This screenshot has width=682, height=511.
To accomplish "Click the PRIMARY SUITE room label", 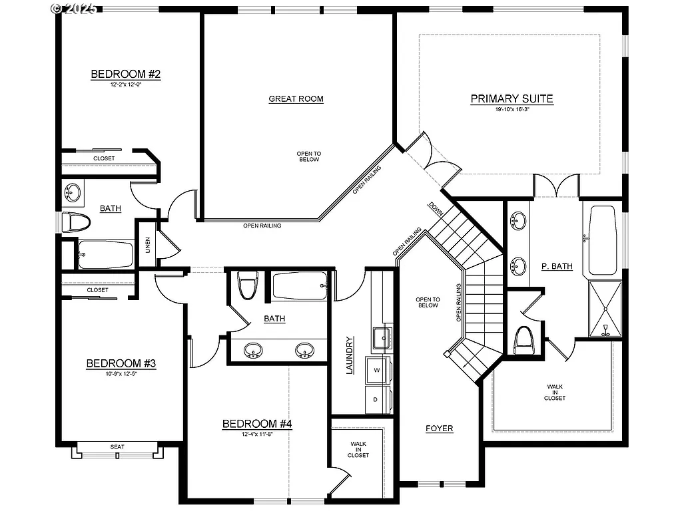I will [x=511, y=99].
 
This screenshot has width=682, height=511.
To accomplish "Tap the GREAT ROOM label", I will [x=296, y=99].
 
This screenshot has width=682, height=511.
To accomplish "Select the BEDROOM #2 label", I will [x=126, y=74].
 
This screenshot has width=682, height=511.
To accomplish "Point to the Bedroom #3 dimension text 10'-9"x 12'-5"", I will [x=121, y=374].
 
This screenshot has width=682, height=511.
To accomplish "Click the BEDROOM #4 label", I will [x=257, y=424].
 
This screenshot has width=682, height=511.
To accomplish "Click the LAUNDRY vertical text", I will [x=349, y=355].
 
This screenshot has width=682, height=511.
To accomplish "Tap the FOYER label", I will [x=440, y=428].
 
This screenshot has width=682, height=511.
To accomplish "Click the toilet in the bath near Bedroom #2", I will [x=76, y=222].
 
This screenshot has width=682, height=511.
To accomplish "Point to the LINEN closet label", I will [x=148, y=246].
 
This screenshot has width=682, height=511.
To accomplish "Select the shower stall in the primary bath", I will [x=605, y=309].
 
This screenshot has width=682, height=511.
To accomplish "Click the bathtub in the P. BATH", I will [x=603, y=240].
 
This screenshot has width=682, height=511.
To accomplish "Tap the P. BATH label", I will [x=557, y=266].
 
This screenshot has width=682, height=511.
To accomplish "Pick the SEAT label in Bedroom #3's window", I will [x=117, y=446].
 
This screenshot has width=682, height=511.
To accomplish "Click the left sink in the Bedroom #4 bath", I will [x=253, y=350].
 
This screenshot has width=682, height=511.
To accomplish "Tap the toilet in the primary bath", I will [x=525, y=340].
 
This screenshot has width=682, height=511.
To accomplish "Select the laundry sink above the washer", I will [x=381, y=337].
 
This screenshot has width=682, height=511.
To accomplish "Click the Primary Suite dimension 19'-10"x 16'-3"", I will [x=511, y=109].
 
